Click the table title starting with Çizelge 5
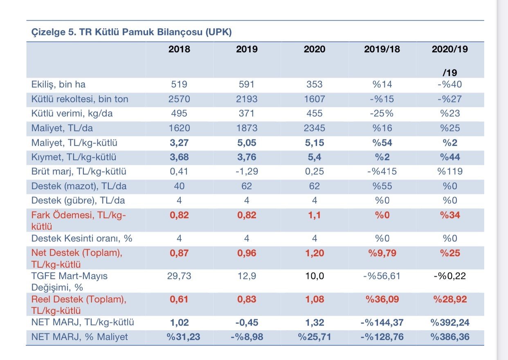click(132, 32)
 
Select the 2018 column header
click(179, 49)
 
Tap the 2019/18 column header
click(382, 49)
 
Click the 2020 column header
click(314, 49)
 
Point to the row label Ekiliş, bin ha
click(58, 85)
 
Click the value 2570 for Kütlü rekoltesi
click(179, 99)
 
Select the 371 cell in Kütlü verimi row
click(247, 113)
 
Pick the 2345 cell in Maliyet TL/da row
click(314, 128)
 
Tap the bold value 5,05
click(247, 143)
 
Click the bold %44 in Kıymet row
click(450, 157)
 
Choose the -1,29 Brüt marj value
click(247, 171)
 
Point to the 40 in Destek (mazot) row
click(179, 186)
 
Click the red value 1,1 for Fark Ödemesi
click(314, 215)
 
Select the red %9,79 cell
click(382, 253)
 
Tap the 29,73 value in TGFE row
click(179, 276)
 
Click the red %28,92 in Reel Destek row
click(450, 299)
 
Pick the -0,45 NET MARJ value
click(247, 322)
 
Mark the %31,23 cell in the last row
click(183, 337)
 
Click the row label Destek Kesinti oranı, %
click(82, 238)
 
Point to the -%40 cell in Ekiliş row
click(450, 84)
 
